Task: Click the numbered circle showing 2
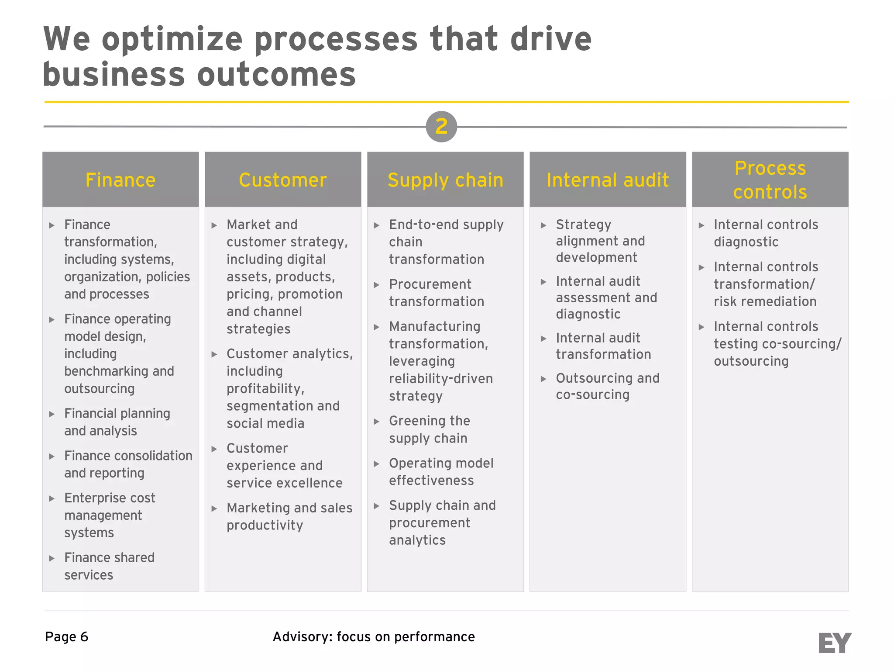tap(441, 127)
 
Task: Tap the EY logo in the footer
tap(834, 643)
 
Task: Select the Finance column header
tap(120, 180)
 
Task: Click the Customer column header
tap(283, 180)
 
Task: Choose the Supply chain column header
tap(445, 180)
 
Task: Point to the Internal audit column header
tap(608, 180)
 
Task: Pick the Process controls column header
tap(770, 180)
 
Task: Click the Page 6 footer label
tap(67, 637)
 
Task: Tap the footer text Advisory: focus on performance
tap(374, 637)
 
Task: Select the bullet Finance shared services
tap(109, 566)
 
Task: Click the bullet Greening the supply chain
tap(430, 429)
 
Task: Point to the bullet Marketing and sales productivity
tap(289, 516)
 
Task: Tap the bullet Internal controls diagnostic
tap(766, 233)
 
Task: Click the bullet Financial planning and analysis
tap(117, 422)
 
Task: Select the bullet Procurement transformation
tap(437, 293)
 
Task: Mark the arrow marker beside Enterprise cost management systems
tap(52, 498)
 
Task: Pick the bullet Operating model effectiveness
tap(441, 472)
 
